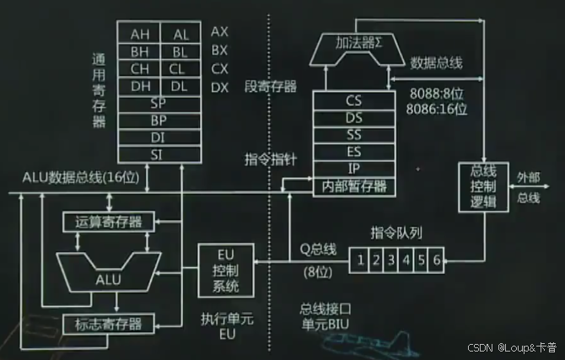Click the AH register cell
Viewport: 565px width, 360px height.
[x=139, y=34]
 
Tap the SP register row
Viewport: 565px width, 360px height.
[x=159, y=103]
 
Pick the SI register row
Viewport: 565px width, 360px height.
[x=159, y=153]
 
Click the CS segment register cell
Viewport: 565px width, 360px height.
[x=354, y=100]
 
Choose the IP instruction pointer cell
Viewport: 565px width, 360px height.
[x=354, y=168]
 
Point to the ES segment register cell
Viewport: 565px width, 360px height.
[x=354, y=151]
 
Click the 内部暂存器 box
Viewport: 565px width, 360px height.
[x=354, y=185]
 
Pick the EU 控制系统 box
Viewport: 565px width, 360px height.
[x=225, y=271]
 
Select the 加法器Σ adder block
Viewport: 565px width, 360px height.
[x=354, y=43]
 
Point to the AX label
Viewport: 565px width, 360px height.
[x=219, y=31]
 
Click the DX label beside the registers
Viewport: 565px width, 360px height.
[x=219, y=87]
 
